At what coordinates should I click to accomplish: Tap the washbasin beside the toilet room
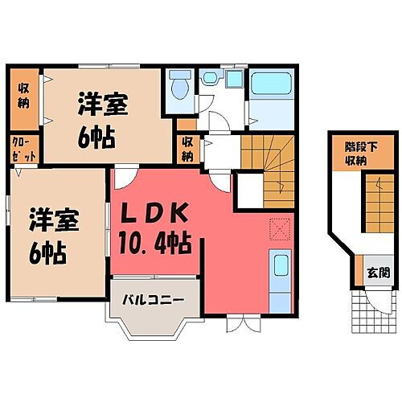(x=211, y=79)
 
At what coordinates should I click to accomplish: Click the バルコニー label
(x=153, y=299)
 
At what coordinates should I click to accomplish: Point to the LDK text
(x=154, y=215)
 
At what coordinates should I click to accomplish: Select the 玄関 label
(x=375, y=272)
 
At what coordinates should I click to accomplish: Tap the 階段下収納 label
(x=355, y=154)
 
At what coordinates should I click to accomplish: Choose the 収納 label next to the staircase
(x=187, y=149)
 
